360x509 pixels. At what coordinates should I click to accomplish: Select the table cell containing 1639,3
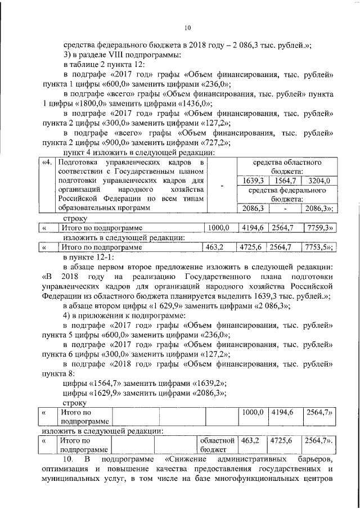point(249,181)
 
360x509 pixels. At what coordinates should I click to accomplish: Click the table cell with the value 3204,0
point(319,181)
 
